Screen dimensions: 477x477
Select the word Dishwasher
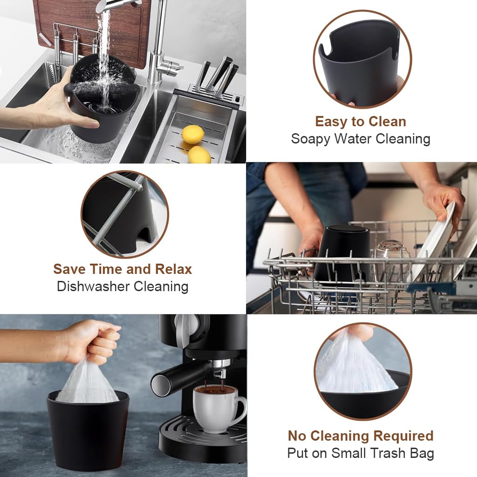coord(93,286)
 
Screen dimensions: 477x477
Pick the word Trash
coord(388,453)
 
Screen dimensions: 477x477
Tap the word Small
coord(347,453)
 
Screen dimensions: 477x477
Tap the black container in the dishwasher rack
coord(342,254)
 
